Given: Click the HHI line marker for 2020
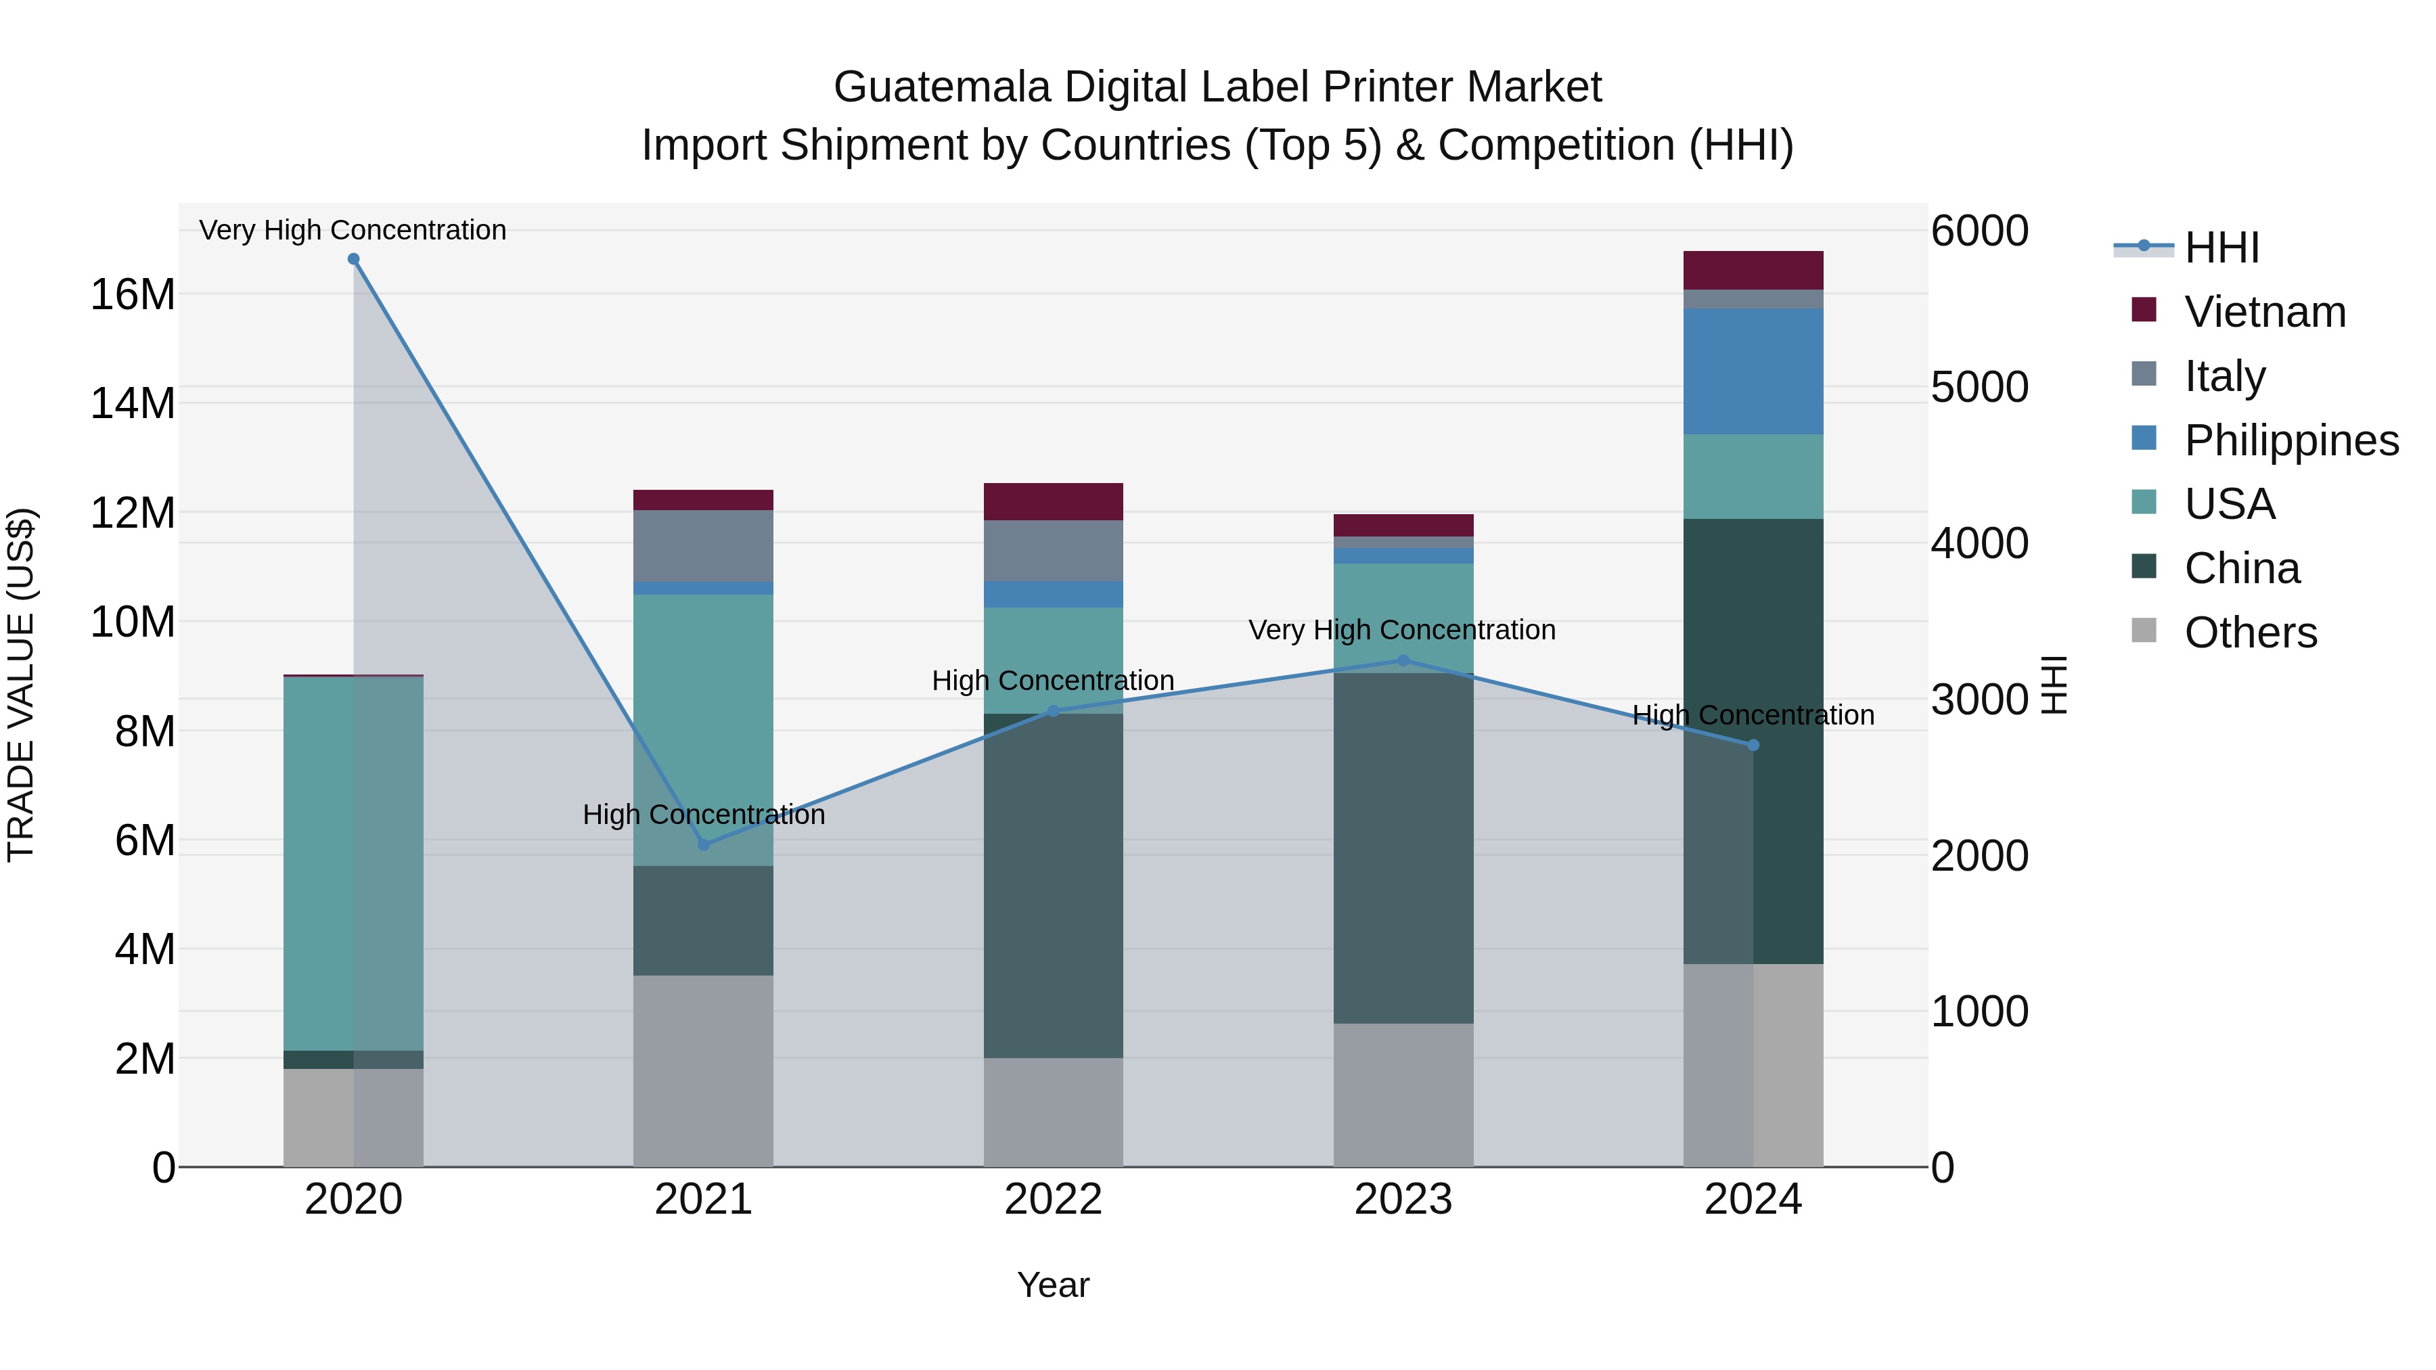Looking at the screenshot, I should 354,259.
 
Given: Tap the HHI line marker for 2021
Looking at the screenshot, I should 704,844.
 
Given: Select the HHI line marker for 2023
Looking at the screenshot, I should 1403,661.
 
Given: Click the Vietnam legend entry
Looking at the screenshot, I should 2265,312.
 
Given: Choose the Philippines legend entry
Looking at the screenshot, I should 2291,440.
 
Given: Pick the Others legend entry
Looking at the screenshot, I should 2250,633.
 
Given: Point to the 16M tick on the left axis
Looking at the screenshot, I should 133,295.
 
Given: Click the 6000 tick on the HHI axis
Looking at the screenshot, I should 1979,231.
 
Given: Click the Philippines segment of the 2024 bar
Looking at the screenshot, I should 1753,371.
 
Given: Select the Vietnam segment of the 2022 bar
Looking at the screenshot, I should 1054,502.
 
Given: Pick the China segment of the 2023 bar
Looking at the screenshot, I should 1403,848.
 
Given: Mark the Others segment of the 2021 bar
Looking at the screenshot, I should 704,1070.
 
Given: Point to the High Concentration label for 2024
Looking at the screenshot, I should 1753,715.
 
